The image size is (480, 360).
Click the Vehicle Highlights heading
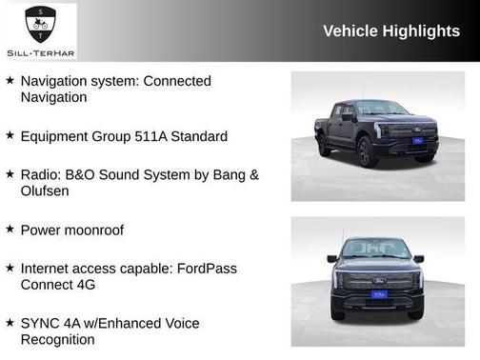pos(391,31)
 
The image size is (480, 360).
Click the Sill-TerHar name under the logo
pos(40,51)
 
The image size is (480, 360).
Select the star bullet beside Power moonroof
pos(10,230)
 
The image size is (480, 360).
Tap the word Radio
pos(39,174)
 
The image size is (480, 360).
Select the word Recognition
pos(58,340)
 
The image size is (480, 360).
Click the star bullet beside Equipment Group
pos(10,136)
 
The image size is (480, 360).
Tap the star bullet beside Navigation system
pos(10,81)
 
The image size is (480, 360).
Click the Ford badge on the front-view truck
pos(378,282)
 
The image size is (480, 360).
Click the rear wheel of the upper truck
pos(325,145)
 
